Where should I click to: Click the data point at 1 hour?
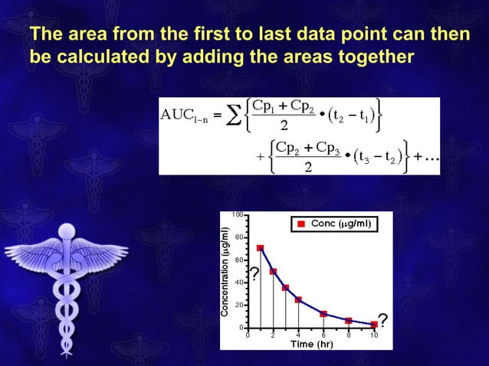click(261, 247)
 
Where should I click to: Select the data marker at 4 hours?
click(298, 299)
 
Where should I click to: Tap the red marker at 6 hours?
click(323, 314)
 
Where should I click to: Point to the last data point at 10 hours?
click(374, 324)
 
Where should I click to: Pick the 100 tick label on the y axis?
click(239, 214)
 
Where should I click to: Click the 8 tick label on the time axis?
click(349, 335)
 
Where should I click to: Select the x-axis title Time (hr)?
click(310, 344)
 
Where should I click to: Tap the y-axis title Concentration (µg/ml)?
click(226, 272)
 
